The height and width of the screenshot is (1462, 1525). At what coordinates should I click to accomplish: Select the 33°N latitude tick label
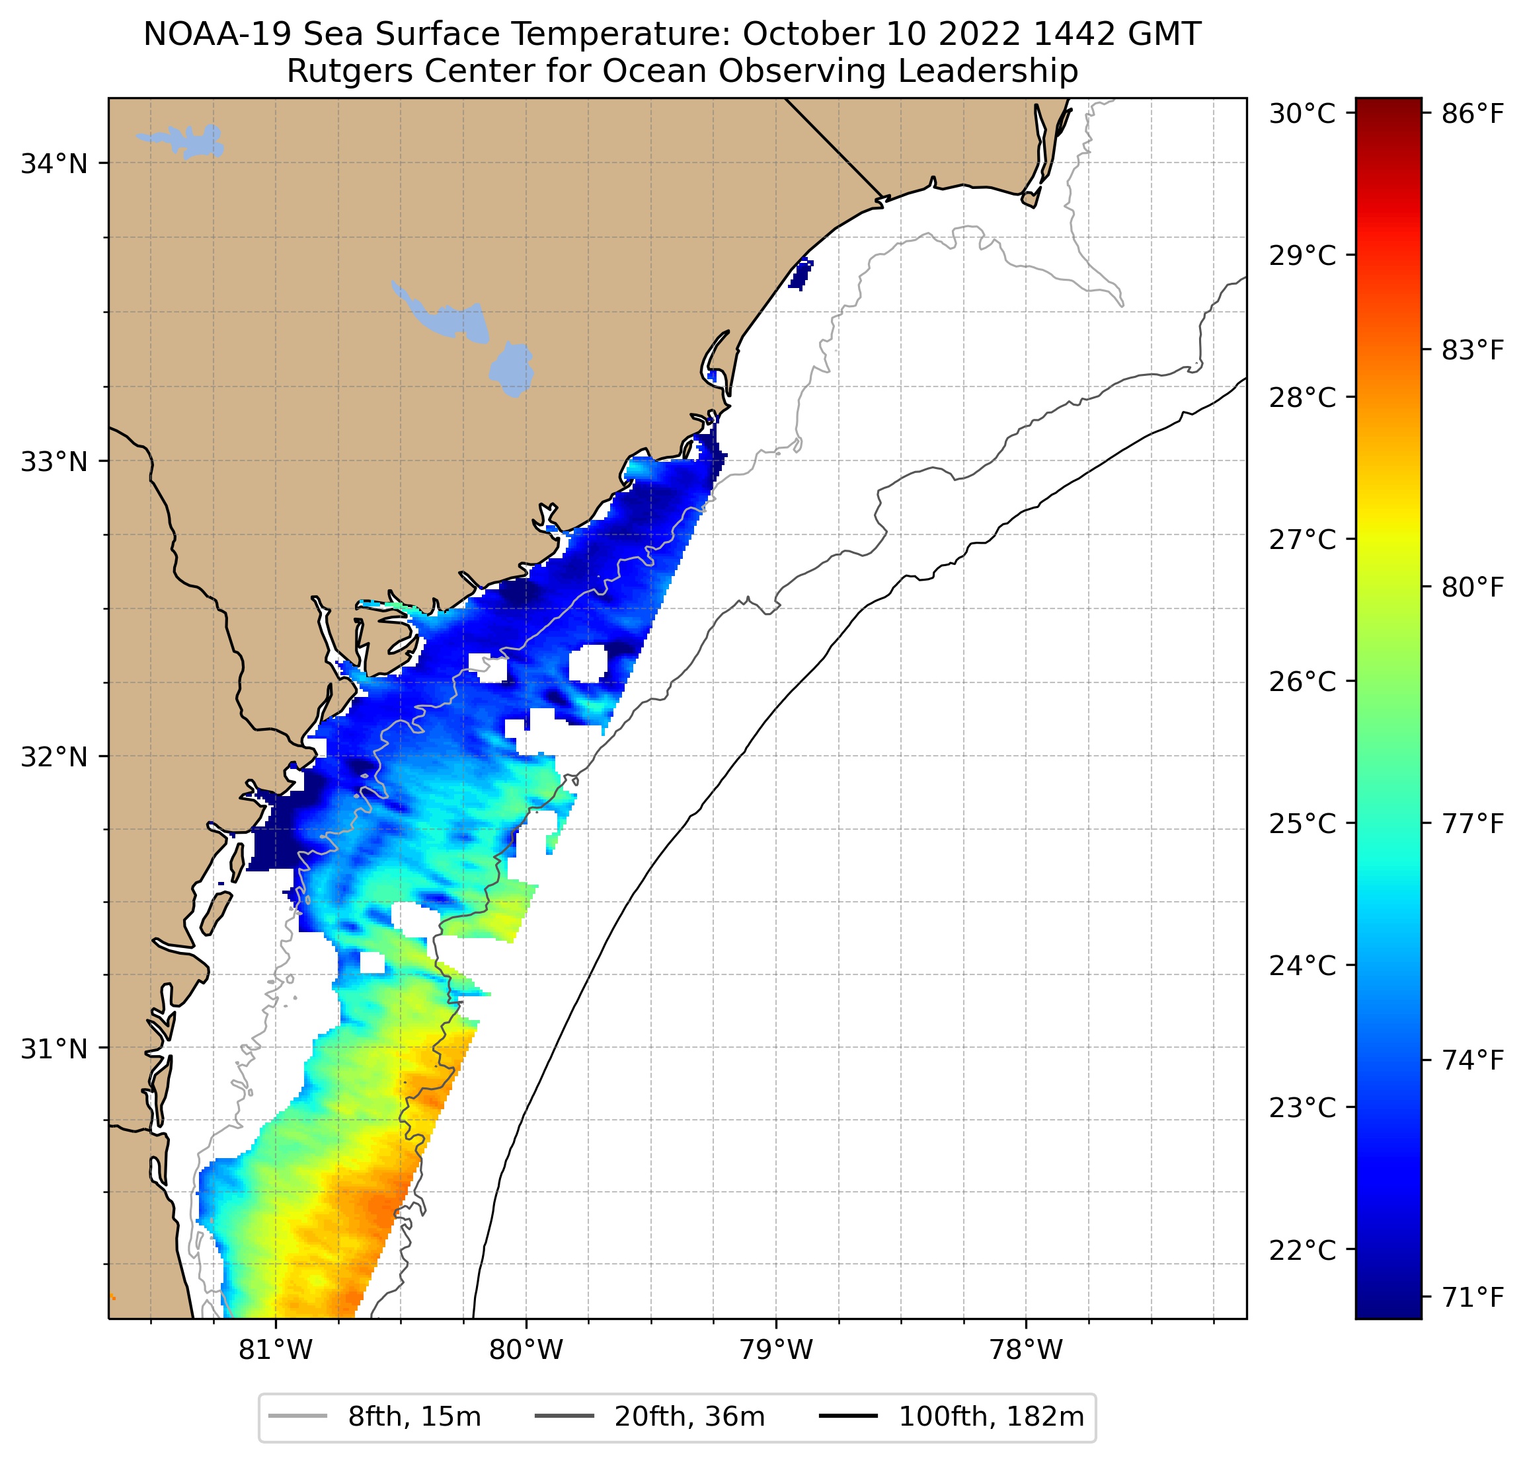(x=54, y=461)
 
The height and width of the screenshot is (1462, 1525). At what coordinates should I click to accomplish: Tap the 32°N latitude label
(x=54, y=756)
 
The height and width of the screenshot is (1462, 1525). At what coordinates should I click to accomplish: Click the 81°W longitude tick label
(x=276, y=1349)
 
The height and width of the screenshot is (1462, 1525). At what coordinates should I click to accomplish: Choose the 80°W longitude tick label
(x=526, y=1349)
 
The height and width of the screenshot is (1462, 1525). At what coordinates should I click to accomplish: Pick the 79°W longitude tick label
(x=776, y=1349)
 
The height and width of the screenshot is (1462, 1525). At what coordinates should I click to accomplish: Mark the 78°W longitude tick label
(x=1025, y=1349)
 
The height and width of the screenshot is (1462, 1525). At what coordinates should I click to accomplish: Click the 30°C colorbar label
(x=1302, y=114)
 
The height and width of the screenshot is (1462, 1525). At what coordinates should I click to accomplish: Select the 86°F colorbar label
(x=1472, y=114)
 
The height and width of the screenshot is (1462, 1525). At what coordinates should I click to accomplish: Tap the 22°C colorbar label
(x=1302, y=1250)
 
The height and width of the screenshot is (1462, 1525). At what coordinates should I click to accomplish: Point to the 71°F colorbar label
(x=1472, y=1296)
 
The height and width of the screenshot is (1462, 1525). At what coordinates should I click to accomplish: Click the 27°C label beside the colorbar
(x=1302, y=539)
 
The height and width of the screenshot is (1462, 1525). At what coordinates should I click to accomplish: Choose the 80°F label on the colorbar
(x=1472, y=587)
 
